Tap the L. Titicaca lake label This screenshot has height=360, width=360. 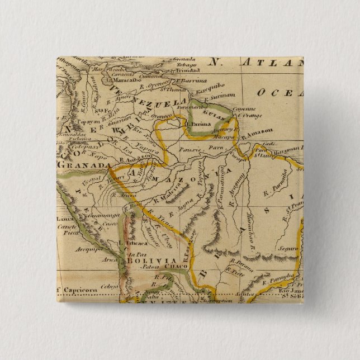click(135, 244)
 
